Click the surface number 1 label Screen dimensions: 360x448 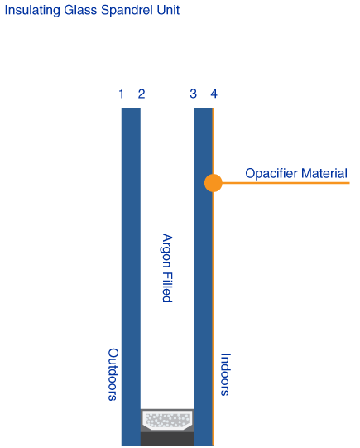[122, 94]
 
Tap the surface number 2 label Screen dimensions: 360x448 [142, 94]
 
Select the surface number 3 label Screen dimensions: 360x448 [194, 94]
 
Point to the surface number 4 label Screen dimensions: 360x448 [214, 94]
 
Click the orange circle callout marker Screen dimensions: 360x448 [214, 183]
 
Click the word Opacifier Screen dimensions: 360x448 [271, 173]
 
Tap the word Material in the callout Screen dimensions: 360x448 [324, 173]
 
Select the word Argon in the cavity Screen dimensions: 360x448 [166, 251]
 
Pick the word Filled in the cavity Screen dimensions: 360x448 [166, 287]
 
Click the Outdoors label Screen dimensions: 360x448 [113, 374]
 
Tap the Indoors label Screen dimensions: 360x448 [225, 374]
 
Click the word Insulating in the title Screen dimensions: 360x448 [32, 10]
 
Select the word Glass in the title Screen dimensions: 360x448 [80, 10]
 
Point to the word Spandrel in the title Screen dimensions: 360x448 [127, 10]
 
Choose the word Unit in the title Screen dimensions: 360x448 [168, 10]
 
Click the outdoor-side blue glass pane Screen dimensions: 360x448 [131, 277]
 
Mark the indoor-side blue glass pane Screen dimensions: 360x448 [204, 277]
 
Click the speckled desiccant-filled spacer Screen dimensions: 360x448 [167, 420]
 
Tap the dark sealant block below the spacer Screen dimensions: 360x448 [167, 439]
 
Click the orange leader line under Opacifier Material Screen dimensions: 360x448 [286, 183]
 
